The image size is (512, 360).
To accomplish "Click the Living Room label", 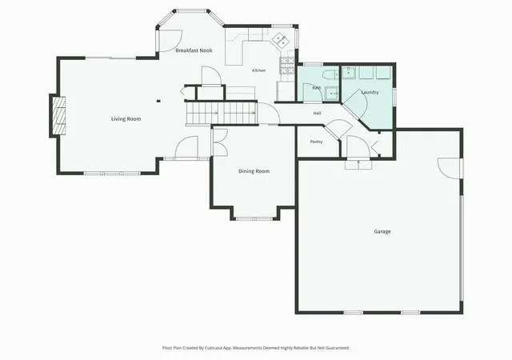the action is pyautogui.click(x=126, y=119).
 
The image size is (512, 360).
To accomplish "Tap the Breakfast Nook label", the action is pyautogui.click(x=194, y=50).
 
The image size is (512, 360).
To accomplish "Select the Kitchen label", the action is pyautogui.click(x=259, y=70).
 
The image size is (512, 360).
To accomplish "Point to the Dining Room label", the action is pyautogui.click(x=254, y=171).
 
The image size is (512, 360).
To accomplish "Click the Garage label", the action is pyautogui.click(x=382, y=232).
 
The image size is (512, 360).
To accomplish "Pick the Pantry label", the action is pyautogui.click(x=317, y=142).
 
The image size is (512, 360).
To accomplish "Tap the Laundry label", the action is pyautogui.click(x=370, y=93).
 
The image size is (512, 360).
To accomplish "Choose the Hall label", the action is pyautogui.click(x=317, y=114).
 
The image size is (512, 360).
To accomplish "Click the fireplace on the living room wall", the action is pyautogui.click(x=58, y=116).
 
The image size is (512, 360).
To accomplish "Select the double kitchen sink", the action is pyautogui.click(x=280, y=40).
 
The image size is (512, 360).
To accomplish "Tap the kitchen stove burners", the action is pyautogui.click(x=287, y=65).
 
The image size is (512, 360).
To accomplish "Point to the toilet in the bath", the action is pyautogui.click(x=330, y=75).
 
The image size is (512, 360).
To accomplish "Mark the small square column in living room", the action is pyautogui.click(x=158, y=102).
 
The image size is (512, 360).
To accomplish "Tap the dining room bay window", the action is pyautogui.click(x=254, y=218).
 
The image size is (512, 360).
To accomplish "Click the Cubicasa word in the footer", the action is pyautogui.click(x=214, y=348).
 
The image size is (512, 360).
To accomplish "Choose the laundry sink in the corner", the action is pyautogui.click(x=349, y=73).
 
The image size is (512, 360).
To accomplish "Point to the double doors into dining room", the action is pyautogui.click(x=219, y=142).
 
